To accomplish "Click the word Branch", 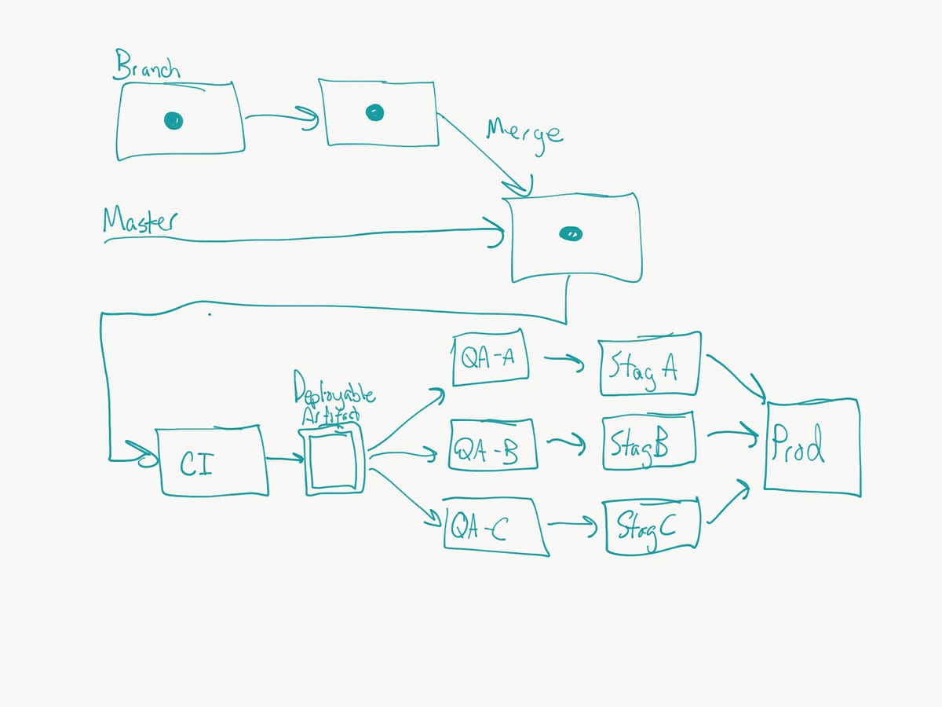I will pos(147,66).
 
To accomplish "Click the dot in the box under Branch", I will pos(173,120).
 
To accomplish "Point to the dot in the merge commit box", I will pos(571,233).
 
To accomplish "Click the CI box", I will pos(213,462).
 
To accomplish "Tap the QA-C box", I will pos(495,526).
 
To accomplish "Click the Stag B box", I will pos(648,442).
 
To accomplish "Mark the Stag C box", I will pos(651,525).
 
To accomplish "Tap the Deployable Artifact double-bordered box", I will pos(334,460).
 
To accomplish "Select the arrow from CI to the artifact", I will pos(285,458).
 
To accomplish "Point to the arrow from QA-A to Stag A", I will pos(564,361).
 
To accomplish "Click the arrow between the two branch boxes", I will pos(281,118).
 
